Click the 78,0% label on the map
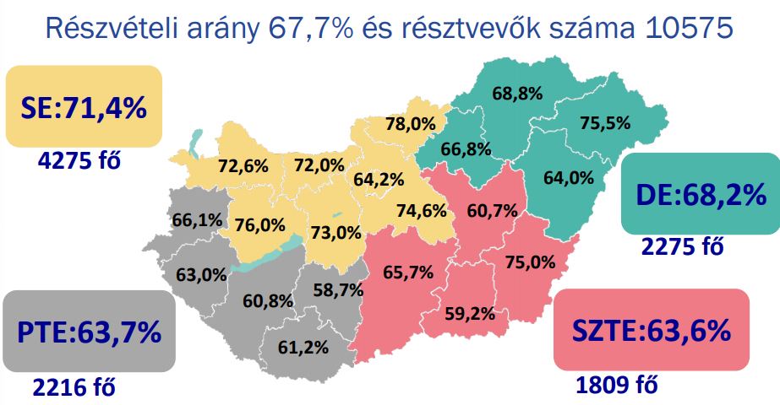411,124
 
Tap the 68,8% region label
515,94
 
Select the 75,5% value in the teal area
605,123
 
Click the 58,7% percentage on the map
338,289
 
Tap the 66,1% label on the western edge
198,220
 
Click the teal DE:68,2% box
701,195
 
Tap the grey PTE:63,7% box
89,331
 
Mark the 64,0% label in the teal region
569,178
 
